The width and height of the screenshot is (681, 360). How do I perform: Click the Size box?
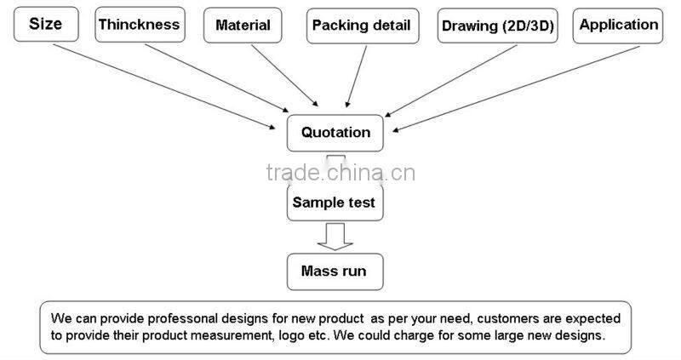point(45,25)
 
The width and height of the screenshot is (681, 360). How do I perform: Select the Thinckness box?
point(140,25)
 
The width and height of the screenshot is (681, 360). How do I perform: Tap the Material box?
point(243,25)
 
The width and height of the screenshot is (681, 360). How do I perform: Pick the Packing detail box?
point(363,26)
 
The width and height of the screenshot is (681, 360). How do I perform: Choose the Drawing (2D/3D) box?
point(497,26)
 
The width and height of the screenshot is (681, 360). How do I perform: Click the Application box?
point(618,25)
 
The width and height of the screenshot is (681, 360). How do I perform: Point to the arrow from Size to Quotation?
point(153,85)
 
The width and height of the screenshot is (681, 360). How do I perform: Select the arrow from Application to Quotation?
point(528,85)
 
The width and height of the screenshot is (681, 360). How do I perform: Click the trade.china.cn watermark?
point(340,173)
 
